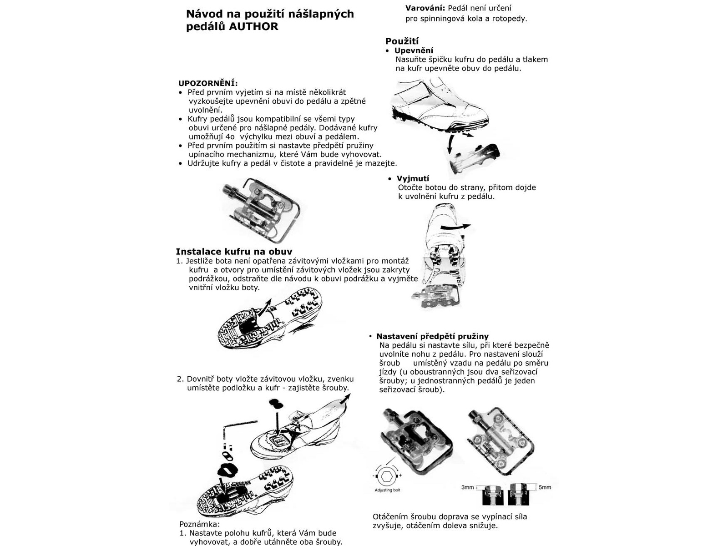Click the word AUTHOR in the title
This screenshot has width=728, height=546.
pos(253,26)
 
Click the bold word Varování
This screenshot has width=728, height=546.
pos(425,8)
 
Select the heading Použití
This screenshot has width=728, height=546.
pos(402,41)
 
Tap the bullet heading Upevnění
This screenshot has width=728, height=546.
pos(414,51)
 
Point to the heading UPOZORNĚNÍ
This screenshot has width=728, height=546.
pos(207,83)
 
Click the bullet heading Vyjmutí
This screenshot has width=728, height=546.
pos(413,178)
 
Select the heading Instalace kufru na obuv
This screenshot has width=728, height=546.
pos(234,252)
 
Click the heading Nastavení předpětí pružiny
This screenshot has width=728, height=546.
pos(432,336)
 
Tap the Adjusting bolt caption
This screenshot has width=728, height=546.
pos(387,490)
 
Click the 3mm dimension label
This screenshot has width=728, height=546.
pos(468,487)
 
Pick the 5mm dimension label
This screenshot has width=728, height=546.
pos(545,487)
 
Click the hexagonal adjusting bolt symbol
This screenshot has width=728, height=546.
pos(387,476)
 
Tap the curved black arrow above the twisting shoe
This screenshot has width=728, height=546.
pos(456,226)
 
